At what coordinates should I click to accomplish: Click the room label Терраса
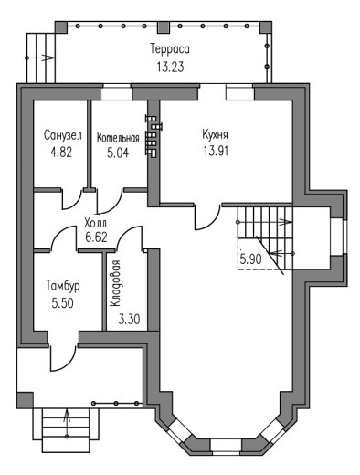[170, 49]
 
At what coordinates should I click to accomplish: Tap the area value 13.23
[171, 67]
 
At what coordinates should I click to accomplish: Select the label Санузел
[63, 135]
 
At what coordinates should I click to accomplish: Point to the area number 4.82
[62, 152]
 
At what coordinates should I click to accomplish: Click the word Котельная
[118, 138]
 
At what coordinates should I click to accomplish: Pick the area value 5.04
[118, 153]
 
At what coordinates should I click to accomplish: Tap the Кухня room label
[215, 134]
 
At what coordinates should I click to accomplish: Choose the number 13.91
[216, 151]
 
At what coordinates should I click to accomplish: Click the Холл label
[96, 223]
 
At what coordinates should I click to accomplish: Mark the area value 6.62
[96, 237]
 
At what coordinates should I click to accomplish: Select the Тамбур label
[63, 286]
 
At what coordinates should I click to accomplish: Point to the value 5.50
[63, 303]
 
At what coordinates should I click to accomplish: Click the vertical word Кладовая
[116, 283]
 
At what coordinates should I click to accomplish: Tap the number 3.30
[129, 319]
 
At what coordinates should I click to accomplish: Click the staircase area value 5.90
[250, 259]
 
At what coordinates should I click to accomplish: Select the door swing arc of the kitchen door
[211, 222]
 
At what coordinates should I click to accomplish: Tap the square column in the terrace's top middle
[164, 27]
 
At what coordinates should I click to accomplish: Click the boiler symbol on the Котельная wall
[154, 136]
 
